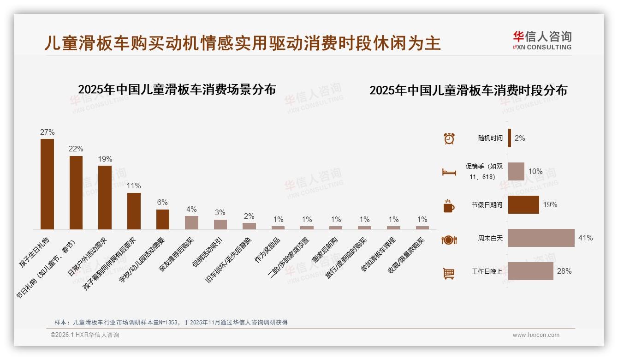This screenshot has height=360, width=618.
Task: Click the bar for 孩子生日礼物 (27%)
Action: click(47, 184)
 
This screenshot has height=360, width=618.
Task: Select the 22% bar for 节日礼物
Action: click(76, 192)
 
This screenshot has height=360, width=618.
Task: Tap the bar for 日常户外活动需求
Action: click(105, 197)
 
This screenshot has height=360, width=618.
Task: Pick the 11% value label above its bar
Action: click(134, 186)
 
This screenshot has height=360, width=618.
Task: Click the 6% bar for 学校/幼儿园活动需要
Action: click(163, 219)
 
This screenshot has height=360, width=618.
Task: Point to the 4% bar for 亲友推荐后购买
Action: click(191, 222)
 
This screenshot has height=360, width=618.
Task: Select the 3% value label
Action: click(220, 212)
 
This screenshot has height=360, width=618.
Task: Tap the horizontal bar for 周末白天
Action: click(541, 238)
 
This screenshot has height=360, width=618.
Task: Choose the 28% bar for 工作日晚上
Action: click(531, 271)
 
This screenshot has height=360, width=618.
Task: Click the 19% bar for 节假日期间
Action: click(523, 204)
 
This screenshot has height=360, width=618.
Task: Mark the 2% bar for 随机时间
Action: click(510, 138)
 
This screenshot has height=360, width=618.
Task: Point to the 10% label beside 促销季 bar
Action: click(535, 171)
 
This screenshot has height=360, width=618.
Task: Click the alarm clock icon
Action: click(449, 138)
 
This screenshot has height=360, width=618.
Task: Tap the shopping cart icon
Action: click(449, 273)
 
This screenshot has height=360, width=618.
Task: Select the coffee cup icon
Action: click(449, 205)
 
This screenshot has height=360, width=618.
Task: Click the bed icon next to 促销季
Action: click(449, 172)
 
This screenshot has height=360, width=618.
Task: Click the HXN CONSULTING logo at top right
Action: click(542, 41)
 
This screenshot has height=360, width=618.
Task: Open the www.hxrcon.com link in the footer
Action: click(536, 335)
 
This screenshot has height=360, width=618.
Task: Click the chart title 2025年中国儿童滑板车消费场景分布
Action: click(177, 89)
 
